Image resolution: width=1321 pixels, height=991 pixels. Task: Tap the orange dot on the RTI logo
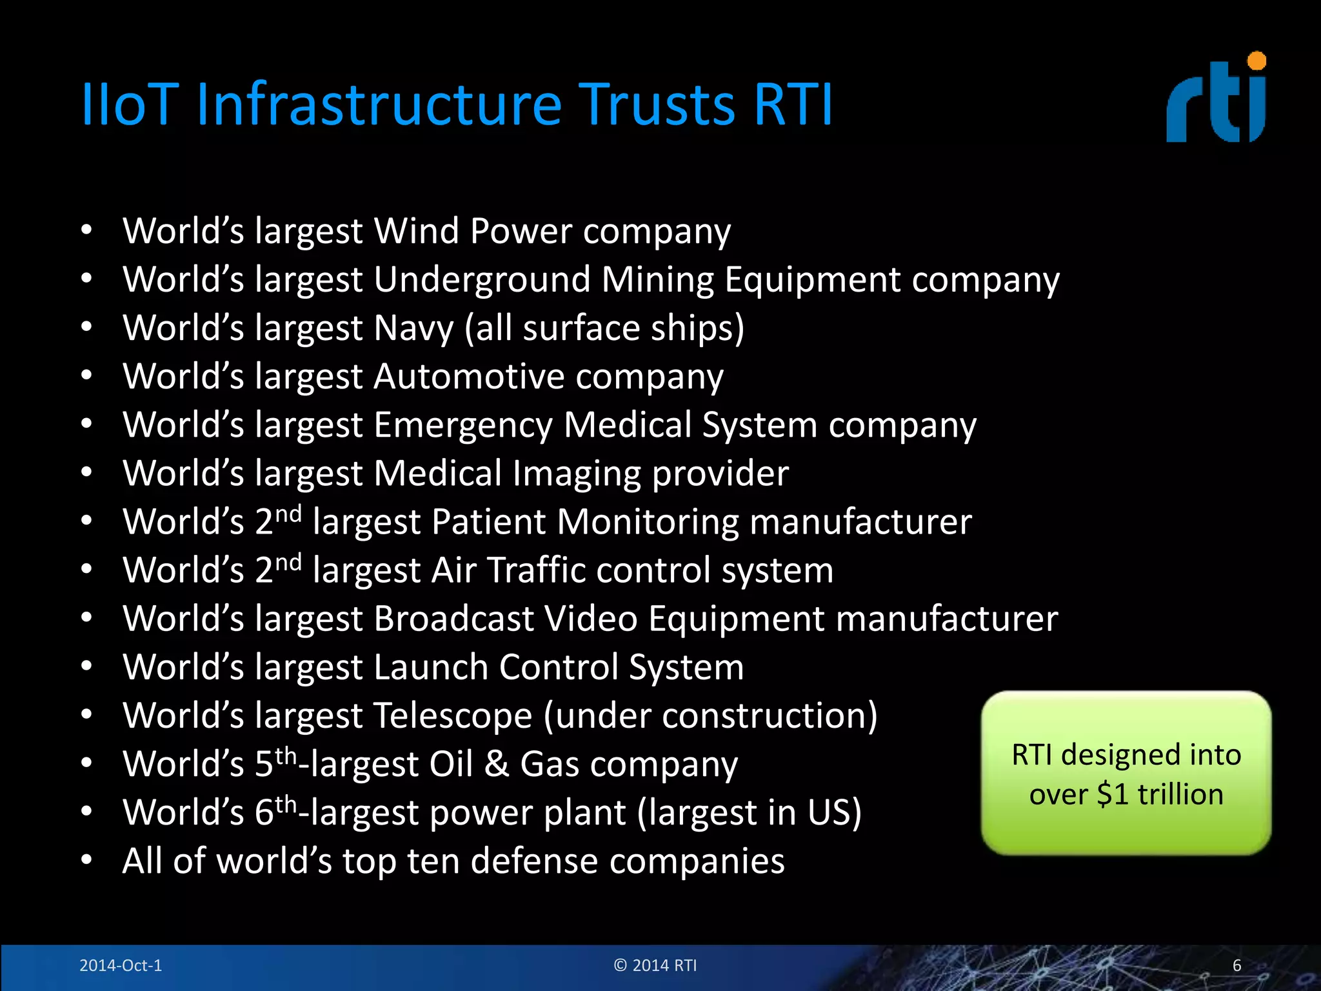pos(1256,61)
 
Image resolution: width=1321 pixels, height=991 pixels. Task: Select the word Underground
pos(482,280)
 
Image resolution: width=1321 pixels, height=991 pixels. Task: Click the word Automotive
pos(468,376)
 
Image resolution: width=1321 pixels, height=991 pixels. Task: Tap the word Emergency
pos(462,425)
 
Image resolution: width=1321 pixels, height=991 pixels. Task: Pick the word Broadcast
pos(454,619)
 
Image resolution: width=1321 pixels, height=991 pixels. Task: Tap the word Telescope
pos(453,716)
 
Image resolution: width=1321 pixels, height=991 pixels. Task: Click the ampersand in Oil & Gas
pos(496,765)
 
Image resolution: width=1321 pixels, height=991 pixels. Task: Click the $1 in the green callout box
pos(1112,794)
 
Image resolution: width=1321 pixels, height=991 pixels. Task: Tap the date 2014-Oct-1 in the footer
pos(121,965)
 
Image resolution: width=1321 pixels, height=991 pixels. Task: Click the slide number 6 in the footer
pos(1237,965)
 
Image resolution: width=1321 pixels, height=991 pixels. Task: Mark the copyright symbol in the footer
pos(621,965)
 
